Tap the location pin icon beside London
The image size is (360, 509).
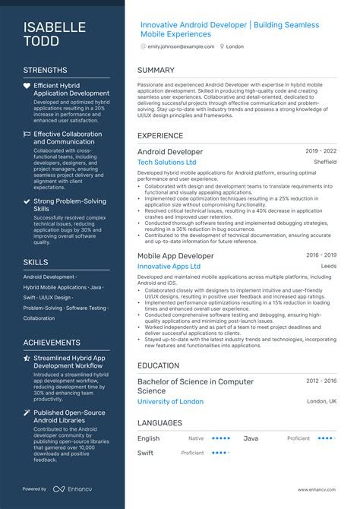222,46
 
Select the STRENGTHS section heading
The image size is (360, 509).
46,70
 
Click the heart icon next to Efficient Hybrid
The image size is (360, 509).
27,86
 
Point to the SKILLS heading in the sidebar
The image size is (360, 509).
36,261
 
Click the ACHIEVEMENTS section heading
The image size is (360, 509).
52,343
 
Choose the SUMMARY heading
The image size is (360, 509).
156,70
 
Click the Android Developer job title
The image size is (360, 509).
170,152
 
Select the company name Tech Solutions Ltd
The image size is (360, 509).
166,163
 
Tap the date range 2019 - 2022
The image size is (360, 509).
321,151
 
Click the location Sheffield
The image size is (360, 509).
325,162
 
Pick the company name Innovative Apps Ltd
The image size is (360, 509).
169,267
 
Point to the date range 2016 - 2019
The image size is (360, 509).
321,255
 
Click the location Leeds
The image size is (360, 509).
328,267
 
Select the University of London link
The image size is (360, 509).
170,401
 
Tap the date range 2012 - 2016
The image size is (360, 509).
321,381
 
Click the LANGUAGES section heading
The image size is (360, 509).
159,422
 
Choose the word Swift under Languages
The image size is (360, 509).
146,452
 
